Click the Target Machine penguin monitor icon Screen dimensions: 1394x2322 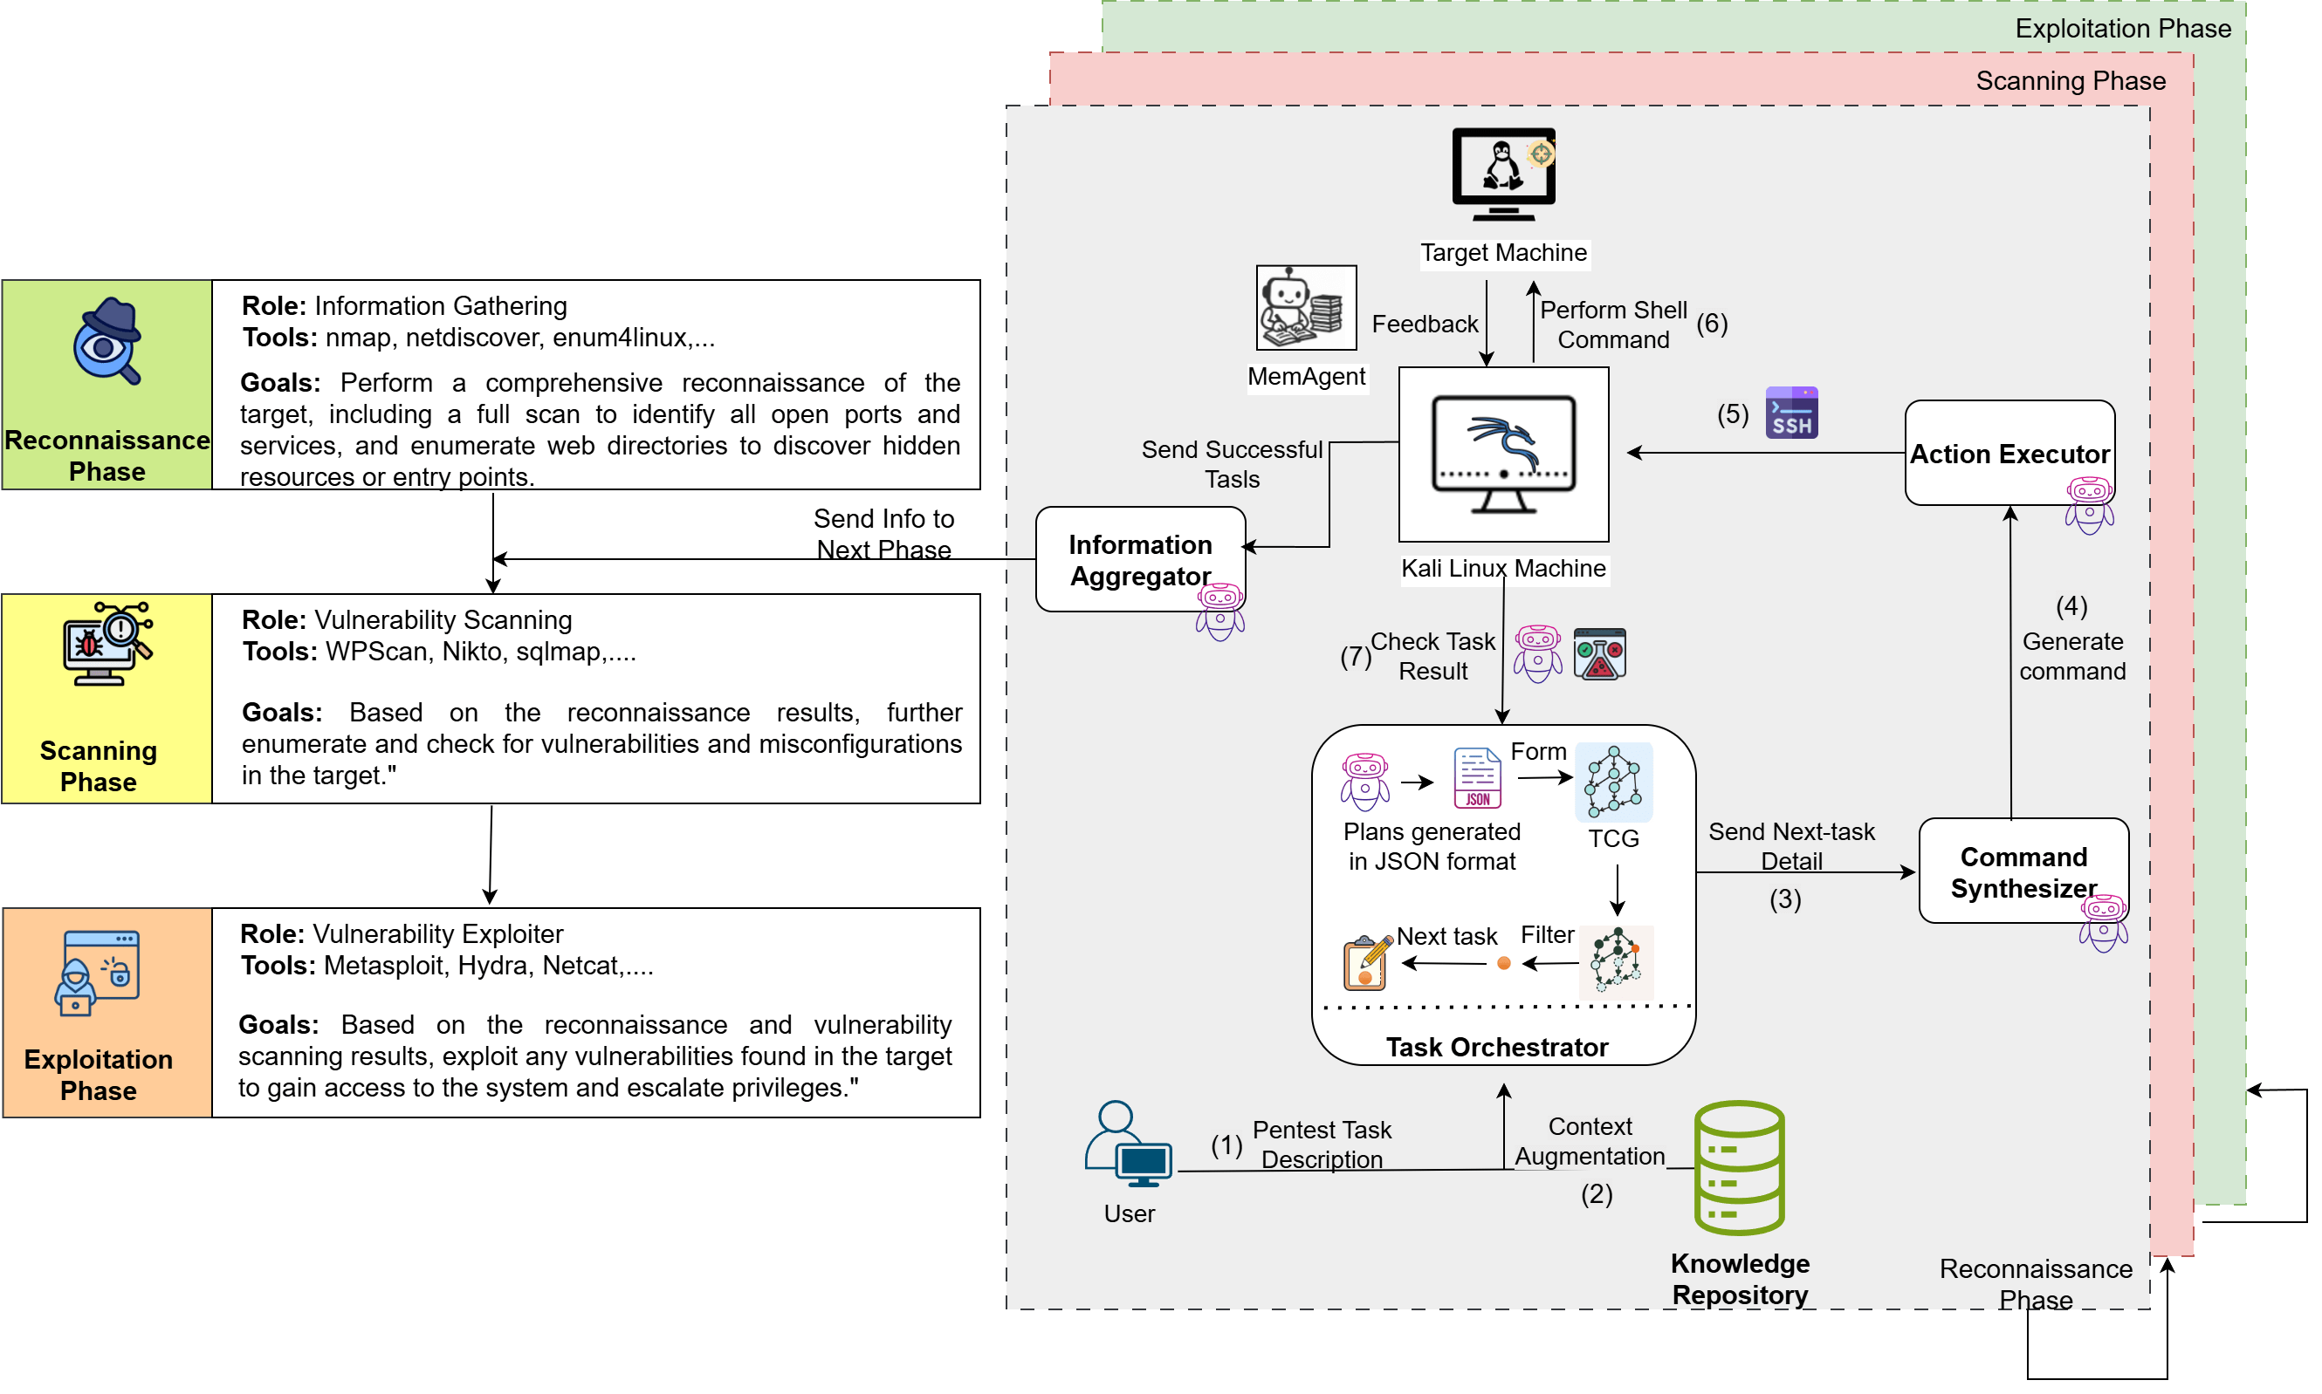1502,174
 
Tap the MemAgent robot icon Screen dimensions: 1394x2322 1305,307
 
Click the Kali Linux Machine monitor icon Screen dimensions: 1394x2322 1502,454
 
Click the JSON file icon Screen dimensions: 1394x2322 1476,778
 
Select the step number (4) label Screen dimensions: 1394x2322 2071,606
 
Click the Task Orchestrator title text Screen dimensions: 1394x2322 1496,1047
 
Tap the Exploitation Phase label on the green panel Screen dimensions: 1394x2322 2122,29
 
